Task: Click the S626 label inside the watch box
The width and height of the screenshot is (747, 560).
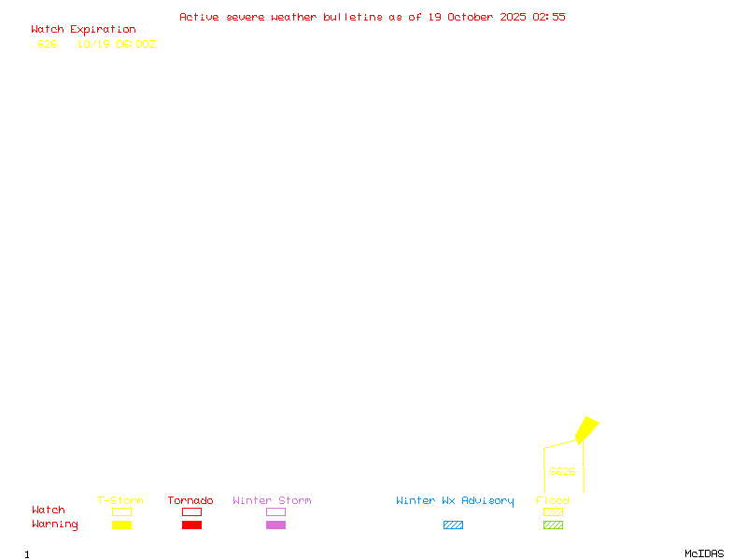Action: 562,471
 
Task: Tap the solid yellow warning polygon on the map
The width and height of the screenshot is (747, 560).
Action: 586,429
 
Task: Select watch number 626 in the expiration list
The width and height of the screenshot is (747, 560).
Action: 48,44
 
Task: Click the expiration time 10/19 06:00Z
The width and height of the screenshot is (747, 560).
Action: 116,44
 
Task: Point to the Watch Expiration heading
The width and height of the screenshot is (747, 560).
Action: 83,30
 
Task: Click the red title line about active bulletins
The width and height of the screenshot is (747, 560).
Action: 373,17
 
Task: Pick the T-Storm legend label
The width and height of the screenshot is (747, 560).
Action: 120,501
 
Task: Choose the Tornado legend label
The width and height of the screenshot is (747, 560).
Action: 190,501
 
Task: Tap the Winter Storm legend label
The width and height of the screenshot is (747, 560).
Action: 272,501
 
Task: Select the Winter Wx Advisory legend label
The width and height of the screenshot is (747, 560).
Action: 455,501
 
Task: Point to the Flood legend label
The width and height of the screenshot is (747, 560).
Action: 553,501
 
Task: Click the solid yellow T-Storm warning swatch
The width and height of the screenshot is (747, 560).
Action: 121,525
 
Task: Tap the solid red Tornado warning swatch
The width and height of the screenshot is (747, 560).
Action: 191,525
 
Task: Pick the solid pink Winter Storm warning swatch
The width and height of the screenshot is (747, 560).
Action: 275,525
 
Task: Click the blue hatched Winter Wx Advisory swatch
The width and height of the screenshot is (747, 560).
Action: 453,525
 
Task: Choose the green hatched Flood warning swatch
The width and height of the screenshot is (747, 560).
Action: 553,525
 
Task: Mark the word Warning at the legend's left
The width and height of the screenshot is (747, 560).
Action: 55,525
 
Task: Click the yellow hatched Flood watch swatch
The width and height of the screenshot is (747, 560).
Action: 553,512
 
